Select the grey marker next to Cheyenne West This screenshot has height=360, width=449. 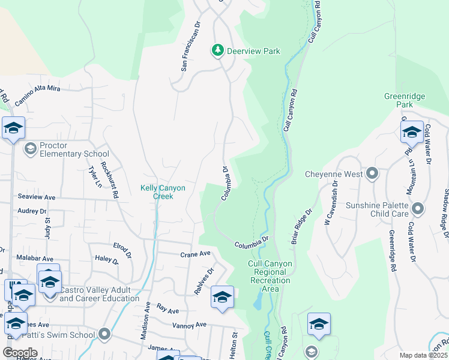click(372, 174)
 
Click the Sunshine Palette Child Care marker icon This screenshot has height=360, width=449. click(418, 209)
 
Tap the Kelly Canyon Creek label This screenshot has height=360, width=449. click(163, 192)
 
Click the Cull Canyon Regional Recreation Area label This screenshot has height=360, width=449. click(270, 276)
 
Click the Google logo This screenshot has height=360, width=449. click(20, 353)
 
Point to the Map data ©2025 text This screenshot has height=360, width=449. click(423, 355)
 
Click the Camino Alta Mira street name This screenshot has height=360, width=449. click(38, 96)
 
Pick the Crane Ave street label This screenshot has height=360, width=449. click(195, 254)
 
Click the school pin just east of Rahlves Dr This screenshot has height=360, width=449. click(222, 298)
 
